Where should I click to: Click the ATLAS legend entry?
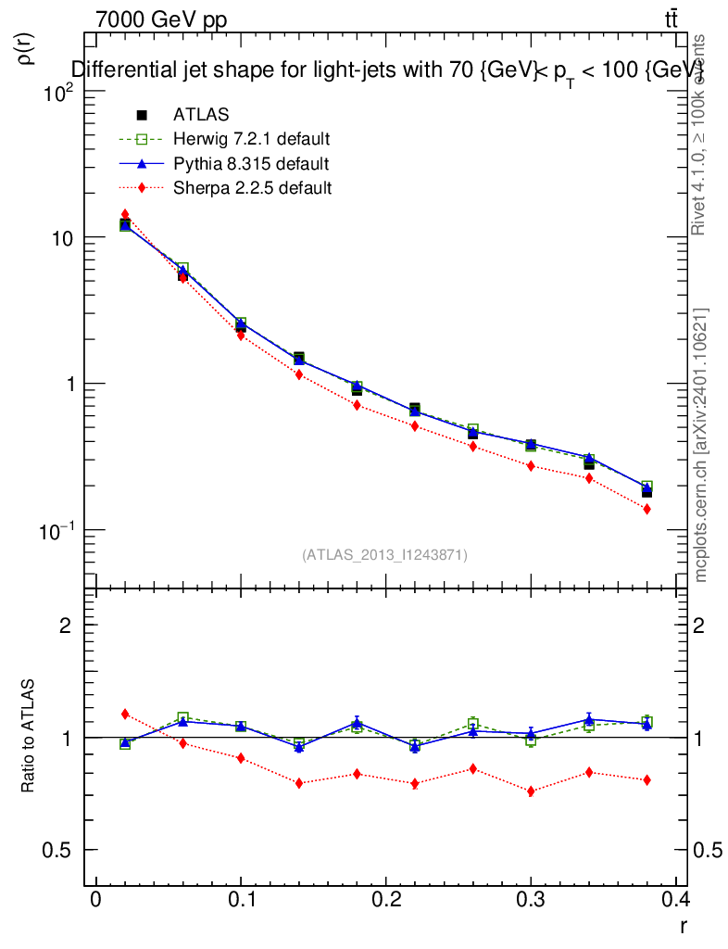(x=201, y=115)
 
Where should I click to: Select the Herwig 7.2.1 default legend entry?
(x=251, y=139)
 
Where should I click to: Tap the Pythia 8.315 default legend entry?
(x=250, y=164)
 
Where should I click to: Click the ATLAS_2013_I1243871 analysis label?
(x=384, y=555)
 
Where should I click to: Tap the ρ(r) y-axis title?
(x=27, y=47)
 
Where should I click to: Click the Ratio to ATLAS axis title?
(x=28, y=737)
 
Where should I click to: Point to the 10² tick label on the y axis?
(x=58, y=93)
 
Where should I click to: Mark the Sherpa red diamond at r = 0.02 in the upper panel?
(x=125, y=214)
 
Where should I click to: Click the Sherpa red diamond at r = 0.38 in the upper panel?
(x=646, y=509)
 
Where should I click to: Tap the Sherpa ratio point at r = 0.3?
(x=531, y=791)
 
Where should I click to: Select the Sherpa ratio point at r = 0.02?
(x=125, y=714)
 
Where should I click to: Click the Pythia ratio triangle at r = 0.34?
(x=589, y=719)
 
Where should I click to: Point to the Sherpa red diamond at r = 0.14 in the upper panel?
(x=299, y=374)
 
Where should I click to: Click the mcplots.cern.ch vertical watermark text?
(x=701, y=445)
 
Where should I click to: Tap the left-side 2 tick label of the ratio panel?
(x=66, y=625)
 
